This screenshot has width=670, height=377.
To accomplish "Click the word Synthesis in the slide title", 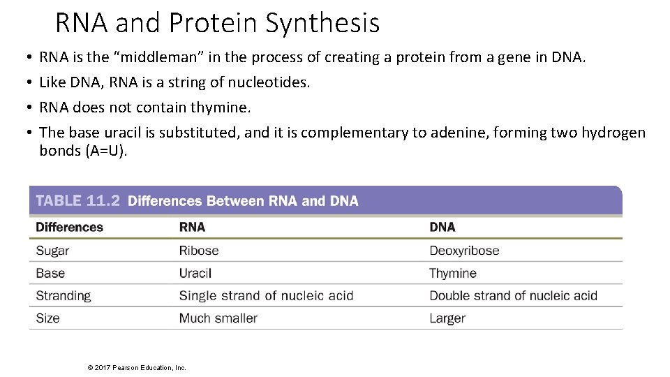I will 322,23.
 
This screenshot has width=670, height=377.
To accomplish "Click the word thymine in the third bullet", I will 225,108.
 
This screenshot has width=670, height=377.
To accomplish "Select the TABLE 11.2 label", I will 77,201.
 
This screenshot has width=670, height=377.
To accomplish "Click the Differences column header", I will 69,227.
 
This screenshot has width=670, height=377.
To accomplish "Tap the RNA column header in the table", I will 192,227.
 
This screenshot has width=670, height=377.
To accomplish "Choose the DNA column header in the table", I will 442,227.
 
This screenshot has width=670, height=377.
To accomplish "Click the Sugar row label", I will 52,251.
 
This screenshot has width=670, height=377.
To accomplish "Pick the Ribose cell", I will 199,251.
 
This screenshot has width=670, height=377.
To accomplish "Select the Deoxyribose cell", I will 464,251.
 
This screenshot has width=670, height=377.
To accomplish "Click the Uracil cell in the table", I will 195,273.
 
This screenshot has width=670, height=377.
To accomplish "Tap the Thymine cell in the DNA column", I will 453,273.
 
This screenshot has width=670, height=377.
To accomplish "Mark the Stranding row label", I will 64,295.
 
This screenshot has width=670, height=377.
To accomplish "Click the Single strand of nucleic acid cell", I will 266,295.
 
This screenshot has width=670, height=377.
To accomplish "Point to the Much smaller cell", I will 218,318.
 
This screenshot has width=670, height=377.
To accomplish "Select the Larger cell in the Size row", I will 447,318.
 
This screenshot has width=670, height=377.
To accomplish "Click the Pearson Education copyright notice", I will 134,367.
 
